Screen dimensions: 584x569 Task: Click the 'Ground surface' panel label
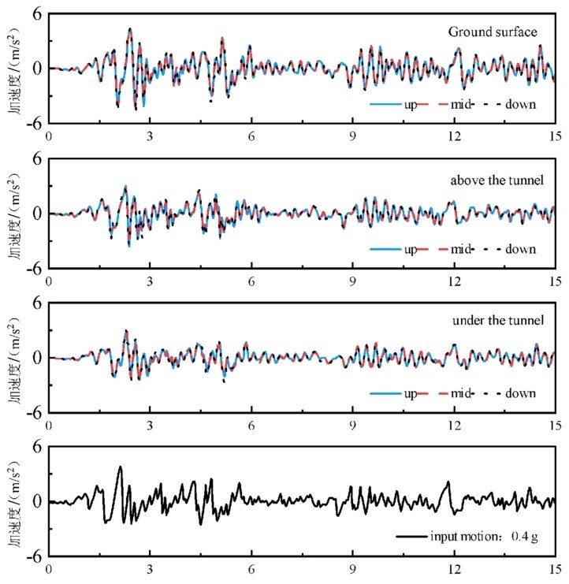[x=493, y=32]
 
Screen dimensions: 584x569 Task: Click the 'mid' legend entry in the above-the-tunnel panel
[x=461, y=249]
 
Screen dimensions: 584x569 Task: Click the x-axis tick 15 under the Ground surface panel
[x=555, y=136]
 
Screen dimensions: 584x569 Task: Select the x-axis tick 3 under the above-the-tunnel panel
[x=151, y=280]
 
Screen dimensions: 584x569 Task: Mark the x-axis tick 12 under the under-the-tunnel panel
[x=454, y=425]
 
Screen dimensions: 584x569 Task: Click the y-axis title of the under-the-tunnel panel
[x=16, y=357]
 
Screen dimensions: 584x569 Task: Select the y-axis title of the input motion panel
[x=16, y=501]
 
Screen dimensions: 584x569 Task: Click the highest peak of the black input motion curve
[x=121, y=467]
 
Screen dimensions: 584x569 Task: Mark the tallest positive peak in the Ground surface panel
[x=130, y=29]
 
